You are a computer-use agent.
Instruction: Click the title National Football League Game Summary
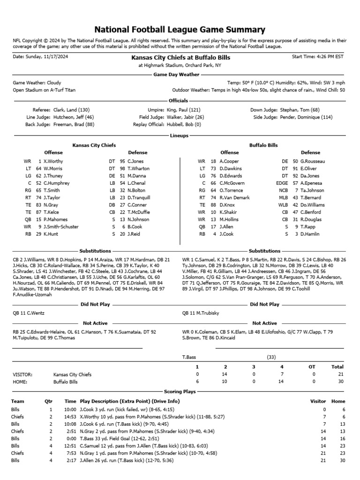point(180,30)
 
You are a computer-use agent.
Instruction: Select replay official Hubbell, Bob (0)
point(184,125)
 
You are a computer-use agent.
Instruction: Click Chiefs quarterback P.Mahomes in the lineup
point(55,219)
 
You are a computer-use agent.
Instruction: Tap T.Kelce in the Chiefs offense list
point(52,212)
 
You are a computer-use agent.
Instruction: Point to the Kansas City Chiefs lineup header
point(94,145)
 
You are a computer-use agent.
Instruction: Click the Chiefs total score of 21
point(340,375)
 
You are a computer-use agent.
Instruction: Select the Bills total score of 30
point(340,382)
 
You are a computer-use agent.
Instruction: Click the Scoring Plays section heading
point(180,391)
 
